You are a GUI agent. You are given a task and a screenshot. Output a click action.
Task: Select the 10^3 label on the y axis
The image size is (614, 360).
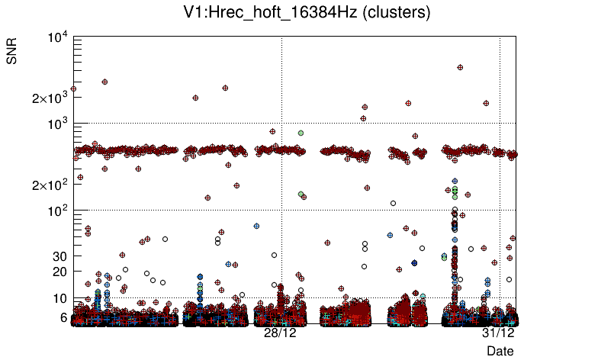(x=56, y=124)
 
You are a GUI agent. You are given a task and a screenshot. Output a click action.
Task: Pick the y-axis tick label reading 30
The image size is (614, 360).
(x=59, y=256)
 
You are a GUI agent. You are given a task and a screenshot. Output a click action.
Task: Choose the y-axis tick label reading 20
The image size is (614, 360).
(x=59, y=272)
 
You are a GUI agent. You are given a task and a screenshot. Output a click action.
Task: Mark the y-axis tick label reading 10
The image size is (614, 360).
(x=59, y=298)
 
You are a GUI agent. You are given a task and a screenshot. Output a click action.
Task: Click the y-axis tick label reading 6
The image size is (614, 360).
(x=63, y=317)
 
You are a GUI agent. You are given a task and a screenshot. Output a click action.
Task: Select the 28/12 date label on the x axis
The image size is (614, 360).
(x=280, y=333)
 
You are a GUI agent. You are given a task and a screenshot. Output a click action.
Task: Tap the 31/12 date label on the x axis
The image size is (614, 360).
(x=499, y=333)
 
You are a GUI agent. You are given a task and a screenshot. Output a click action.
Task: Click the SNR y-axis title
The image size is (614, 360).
(x=12, y=52)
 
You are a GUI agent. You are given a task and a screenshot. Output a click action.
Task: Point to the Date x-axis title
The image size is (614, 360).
(x=500, y=351)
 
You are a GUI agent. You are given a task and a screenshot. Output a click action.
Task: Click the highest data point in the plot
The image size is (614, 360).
(x=460, y=67)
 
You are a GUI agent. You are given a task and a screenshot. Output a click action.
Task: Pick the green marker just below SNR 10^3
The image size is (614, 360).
(x=301, y=133)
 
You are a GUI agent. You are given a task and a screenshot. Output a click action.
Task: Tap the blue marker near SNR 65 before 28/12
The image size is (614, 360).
(x=256, y=226)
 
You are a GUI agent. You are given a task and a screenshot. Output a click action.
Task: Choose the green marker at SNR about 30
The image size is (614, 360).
(x=444, y=257)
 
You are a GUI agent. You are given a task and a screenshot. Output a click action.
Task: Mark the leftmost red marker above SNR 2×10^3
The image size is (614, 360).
(x=73, y=89)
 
